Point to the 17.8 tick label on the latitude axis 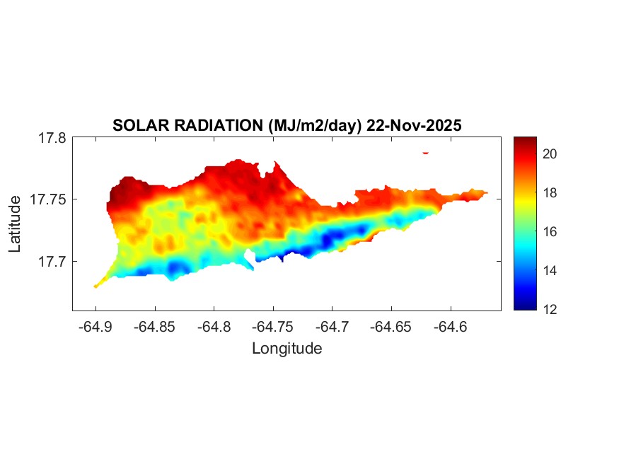(x=52, y=139)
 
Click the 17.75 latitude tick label (x=48, y=200)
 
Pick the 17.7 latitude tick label (x=52, y=262)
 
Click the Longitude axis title (x=287, y=349)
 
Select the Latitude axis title (x=15, y=225)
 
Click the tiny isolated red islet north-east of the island (x=426, y=152)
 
